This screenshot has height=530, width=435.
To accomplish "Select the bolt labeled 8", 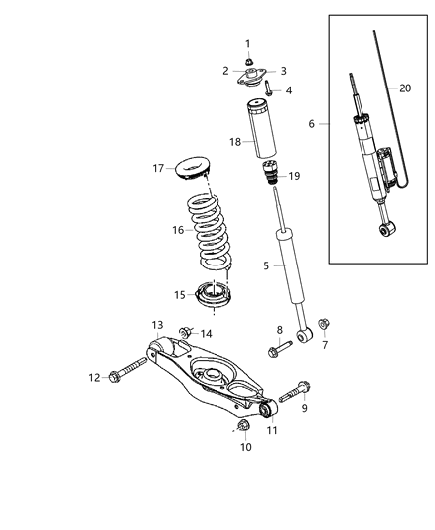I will [281, 348].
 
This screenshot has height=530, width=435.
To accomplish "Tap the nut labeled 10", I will [244, 427].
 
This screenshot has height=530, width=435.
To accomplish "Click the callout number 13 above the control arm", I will [157, 325].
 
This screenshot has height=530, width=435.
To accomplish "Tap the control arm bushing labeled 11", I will [266, 409].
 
